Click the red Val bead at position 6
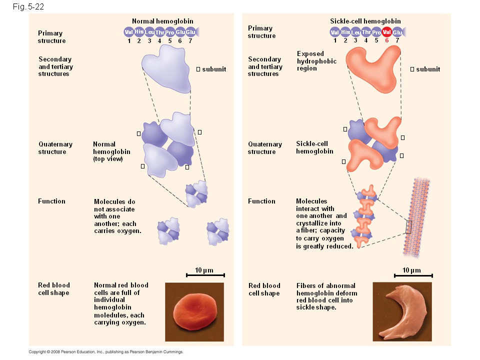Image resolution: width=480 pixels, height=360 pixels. point(386,32)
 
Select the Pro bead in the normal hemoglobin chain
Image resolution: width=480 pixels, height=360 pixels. point(169,32)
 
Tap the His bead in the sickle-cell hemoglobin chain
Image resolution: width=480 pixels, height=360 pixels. point(345,32)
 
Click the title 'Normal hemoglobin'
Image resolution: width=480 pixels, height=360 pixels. point(162,21)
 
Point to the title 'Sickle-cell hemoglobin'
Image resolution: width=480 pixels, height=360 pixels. point(365,21)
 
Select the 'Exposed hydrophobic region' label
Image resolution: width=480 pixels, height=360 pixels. point(316,61)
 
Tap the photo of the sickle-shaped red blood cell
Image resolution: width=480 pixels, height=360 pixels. point(402,312)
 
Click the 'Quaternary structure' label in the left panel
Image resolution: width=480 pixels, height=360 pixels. point(55,148)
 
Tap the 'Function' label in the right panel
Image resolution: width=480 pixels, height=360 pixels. point(261,201)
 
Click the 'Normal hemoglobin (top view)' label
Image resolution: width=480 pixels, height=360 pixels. point(111,151)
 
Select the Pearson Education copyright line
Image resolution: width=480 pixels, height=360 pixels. point(106,352)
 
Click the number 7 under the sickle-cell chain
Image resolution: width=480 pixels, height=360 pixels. point(397,40)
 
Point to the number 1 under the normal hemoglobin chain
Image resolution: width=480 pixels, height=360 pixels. point(128,40)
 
